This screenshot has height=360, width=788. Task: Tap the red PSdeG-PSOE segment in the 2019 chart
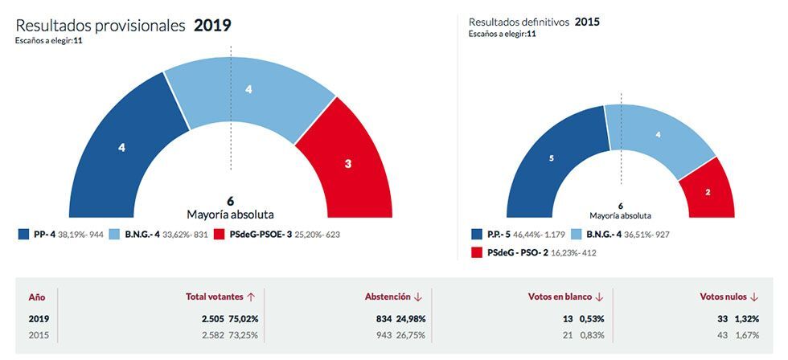(348, 164)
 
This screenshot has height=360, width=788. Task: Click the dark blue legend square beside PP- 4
(24, 235)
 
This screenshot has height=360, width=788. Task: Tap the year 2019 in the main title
(212, 25)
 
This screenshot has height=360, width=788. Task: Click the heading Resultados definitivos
(519, 22)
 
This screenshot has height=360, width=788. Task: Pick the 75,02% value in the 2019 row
(241, 318)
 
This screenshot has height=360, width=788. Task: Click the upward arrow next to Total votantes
(252, 297)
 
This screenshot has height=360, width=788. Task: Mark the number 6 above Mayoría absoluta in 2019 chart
(230, 200)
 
